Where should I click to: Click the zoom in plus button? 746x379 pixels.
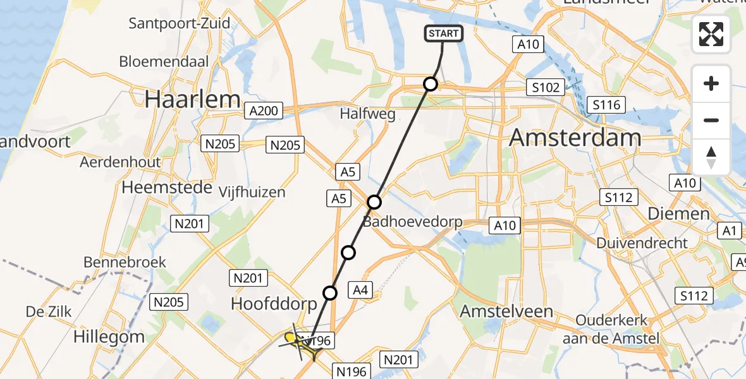[x=711, y=84]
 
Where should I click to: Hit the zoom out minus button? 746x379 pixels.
[x=711, y=120]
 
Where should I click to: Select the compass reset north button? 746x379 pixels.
[x=711, y=157]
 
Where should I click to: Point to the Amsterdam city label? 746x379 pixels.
[x=575, y=137]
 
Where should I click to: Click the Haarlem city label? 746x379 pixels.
[x=193, y=99]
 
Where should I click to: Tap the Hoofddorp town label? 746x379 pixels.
[x=274, y=304]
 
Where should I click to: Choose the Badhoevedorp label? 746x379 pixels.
[x=412, y=222]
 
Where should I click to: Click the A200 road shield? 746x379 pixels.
[x=263, y=111]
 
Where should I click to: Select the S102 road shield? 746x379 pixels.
[x=546, y=87]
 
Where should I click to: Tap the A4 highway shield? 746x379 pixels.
[x=360, y=290]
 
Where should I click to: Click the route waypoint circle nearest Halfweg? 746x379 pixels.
[x=431, y=84]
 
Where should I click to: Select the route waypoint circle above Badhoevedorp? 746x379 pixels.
[x=374, y=202]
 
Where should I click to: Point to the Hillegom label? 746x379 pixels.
[x=109, y=336]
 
